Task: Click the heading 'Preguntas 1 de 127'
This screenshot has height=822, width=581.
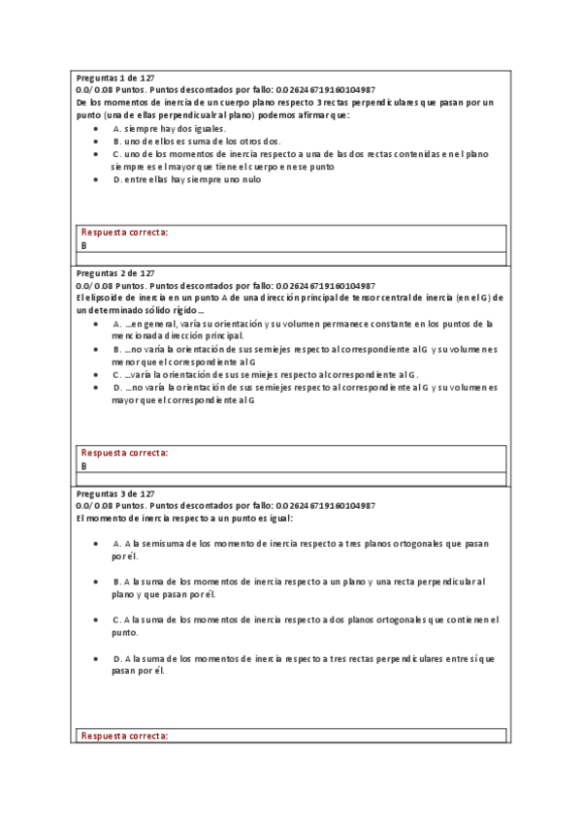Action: pyautogui.click(x=114, y=77)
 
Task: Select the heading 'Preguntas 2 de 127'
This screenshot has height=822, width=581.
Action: pyautogui.click(x=114, y=273)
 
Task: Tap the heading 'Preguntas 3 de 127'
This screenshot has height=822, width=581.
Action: pyautogui.click(x=114, y=493)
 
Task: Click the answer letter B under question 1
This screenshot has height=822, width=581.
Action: pyautogui.click(x=84, y=245)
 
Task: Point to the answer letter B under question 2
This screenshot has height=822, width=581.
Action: pyautogui.click(x=84, y=465)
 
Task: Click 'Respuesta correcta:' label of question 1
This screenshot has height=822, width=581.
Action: pyautogui.click(x=124, y=233)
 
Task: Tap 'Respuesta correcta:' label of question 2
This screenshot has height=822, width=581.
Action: pyautogui.click(x=124, y=453)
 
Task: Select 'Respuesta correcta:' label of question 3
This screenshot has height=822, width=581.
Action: pyautogui.click(x=124, y=737)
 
